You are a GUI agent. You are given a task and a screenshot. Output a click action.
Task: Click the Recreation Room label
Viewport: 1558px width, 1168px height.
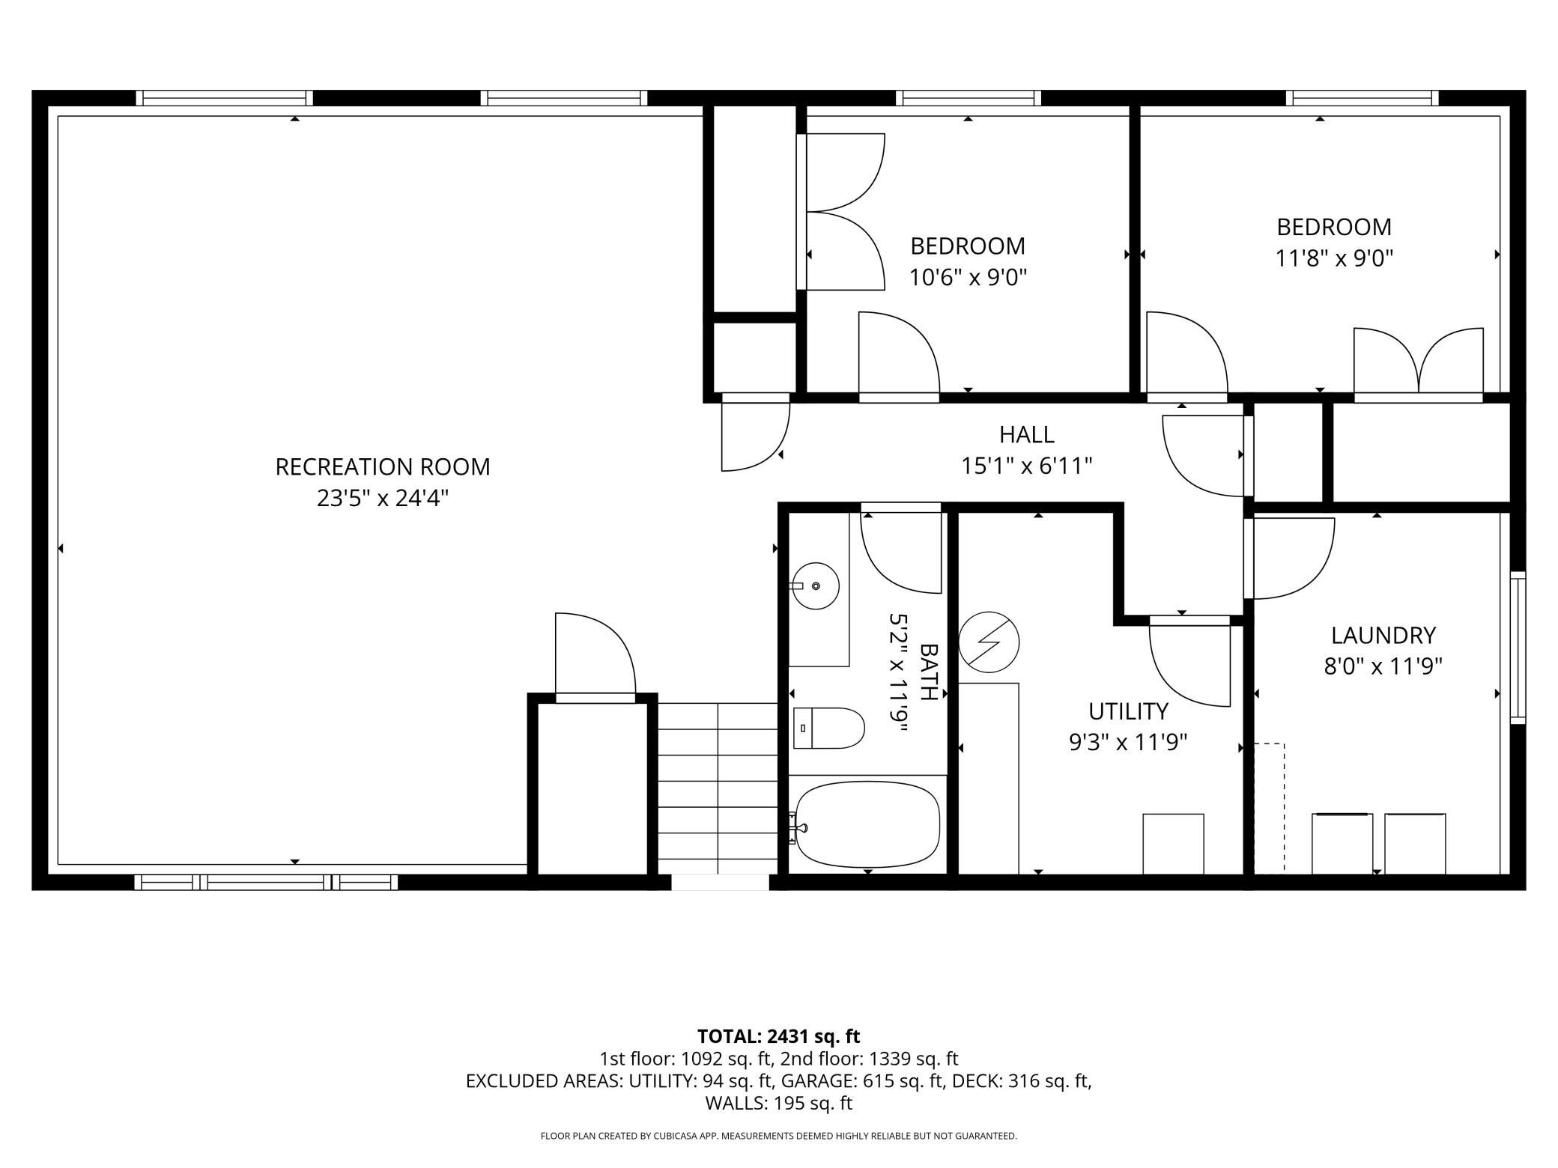(383, 466)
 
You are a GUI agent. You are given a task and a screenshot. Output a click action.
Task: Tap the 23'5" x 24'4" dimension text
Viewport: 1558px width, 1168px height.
(383, 498)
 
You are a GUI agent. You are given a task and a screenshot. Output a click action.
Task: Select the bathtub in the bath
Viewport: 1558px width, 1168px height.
(867, 824)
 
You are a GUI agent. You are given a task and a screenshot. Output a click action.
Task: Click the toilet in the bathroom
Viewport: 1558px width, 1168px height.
(828, 728)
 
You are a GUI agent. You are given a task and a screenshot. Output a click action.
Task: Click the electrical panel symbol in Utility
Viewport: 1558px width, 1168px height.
(989, 642)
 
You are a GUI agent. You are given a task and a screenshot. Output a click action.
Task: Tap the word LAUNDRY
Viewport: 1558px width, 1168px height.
(1383, 635)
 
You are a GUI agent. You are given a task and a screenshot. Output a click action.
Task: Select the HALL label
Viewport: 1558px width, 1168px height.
(1026, 434)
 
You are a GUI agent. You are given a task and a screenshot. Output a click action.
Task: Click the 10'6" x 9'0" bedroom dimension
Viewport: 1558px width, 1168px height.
(968, 278)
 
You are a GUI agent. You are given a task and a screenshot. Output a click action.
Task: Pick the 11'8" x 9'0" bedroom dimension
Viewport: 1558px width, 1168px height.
(1334, 258)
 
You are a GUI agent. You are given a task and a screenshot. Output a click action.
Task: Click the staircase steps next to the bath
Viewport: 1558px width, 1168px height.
(718, 788)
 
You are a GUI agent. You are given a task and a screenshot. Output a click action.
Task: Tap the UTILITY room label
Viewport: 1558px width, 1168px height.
(1128, 711)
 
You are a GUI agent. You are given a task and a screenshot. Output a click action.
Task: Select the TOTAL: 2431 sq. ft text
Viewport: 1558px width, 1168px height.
(779, 1036)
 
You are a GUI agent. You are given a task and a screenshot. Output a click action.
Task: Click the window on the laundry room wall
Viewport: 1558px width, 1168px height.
(1518, 647)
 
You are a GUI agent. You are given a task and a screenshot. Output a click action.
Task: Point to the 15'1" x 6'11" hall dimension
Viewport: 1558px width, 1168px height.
(1026, 466)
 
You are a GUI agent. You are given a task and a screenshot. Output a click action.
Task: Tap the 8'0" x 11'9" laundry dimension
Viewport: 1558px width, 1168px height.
(1383, 666)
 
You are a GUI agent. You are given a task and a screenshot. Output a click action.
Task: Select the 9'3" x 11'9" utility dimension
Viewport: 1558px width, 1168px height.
(1128, 743)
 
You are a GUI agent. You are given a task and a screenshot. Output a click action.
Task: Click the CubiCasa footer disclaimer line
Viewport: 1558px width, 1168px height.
(779, 1136)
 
